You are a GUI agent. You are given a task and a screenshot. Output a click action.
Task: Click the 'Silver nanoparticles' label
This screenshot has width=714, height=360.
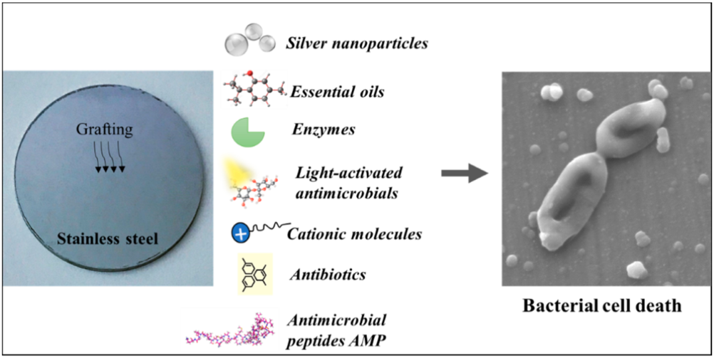[357, 45]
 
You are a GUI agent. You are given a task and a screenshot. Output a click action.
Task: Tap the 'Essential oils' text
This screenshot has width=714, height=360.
[337, 93]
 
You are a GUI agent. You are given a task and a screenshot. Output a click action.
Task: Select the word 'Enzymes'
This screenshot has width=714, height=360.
[322, 131]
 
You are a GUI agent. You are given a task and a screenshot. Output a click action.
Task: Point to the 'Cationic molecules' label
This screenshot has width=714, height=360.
[355, 234]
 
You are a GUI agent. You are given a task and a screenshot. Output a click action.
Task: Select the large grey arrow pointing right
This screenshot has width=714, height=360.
[463, 175]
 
